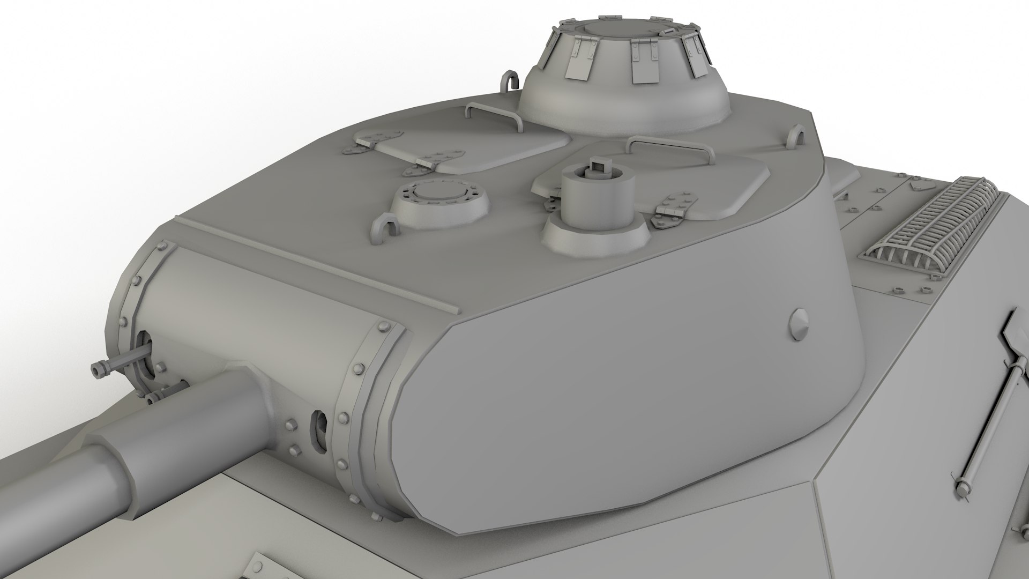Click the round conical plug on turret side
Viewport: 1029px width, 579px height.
(x=800, y=324)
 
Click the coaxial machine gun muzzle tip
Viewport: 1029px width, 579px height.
(x=99, y=370)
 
